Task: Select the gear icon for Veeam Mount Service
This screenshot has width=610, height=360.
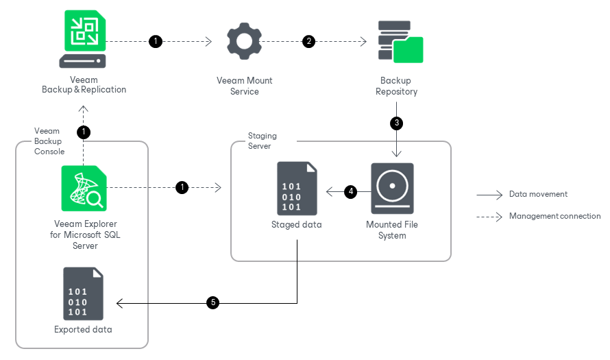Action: [245, 41]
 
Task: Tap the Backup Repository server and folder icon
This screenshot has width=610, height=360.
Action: [400, 42]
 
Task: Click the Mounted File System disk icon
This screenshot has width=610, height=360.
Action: [392, 188]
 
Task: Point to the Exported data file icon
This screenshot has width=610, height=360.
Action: [84, 293]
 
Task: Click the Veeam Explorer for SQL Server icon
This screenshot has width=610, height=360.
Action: [84, 189]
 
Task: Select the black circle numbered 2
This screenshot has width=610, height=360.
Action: [309, 42]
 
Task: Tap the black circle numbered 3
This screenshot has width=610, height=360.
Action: [396, 124]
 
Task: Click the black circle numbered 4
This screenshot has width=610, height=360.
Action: [351, 192]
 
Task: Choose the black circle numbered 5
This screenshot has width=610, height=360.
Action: [213, 302]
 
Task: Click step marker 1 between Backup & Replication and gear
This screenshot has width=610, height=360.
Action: [156, 42]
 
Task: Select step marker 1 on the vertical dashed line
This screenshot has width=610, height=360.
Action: [84, 131]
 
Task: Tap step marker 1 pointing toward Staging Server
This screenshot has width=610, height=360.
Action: [182, 187]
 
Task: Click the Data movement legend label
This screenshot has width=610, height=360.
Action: [538, 195]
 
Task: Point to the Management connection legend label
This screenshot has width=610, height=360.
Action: [554, 216]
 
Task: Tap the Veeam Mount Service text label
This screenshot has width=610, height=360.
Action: [245, 86]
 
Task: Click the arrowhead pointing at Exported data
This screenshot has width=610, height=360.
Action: [120, 302]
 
